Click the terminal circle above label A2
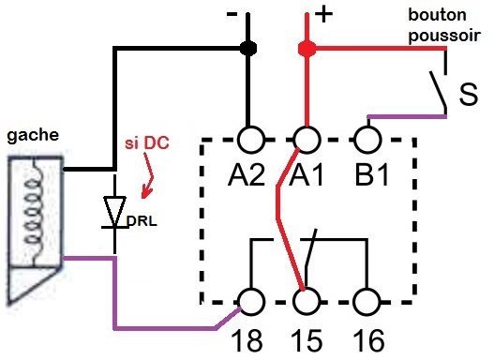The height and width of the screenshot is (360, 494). [250, 140]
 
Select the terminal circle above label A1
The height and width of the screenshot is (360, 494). [306, 140]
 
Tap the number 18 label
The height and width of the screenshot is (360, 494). [250, 338]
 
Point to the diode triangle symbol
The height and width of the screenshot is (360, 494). [115, 207]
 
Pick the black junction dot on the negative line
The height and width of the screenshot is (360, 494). [248, 48]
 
